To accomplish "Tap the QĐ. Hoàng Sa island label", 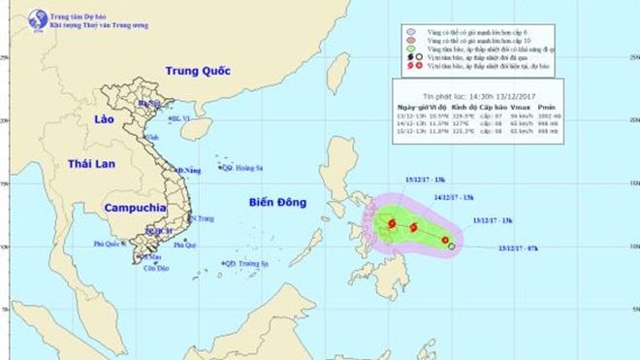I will pyautogui.click(x=244, y=168).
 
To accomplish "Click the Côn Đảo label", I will pyautogui.click(x=155, y=268).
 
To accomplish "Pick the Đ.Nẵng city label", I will pyautogui.click(x=191, y=171).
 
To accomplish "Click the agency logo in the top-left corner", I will pyautogui.click(x=38, y=18).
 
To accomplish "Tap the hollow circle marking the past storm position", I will pyautogui.click(x=452, y=246).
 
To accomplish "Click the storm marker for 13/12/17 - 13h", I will pyautogui.click(x=445, y=240).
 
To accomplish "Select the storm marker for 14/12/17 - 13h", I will pyautogui.click(x=414, y=229).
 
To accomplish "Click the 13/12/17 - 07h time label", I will pyautogui.click(x=519, y=247).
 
